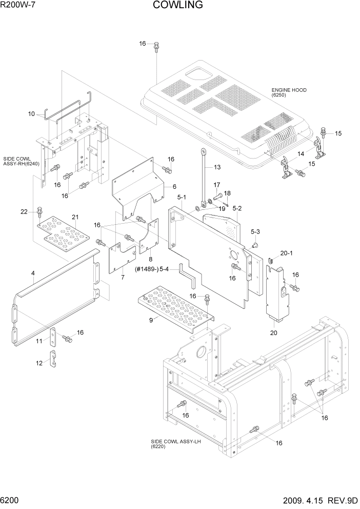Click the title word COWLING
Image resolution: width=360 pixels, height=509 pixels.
pos(178,6)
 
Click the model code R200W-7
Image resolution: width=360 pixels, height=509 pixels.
pos(18,6)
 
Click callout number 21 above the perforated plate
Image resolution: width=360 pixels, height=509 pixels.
pos(75,217)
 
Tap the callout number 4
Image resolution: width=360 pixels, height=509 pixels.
pos(33,274)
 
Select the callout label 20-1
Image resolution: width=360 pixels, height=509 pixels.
pos(286,253)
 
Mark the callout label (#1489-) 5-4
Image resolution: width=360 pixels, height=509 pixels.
pos(153,268)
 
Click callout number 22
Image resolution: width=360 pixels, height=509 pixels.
pos(24,212)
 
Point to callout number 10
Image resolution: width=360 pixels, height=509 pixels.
pos(31,114)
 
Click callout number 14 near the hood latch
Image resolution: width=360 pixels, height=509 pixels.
pos(301,153)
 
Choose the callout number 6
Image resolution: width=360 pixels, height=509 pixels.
pos(174,186)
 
